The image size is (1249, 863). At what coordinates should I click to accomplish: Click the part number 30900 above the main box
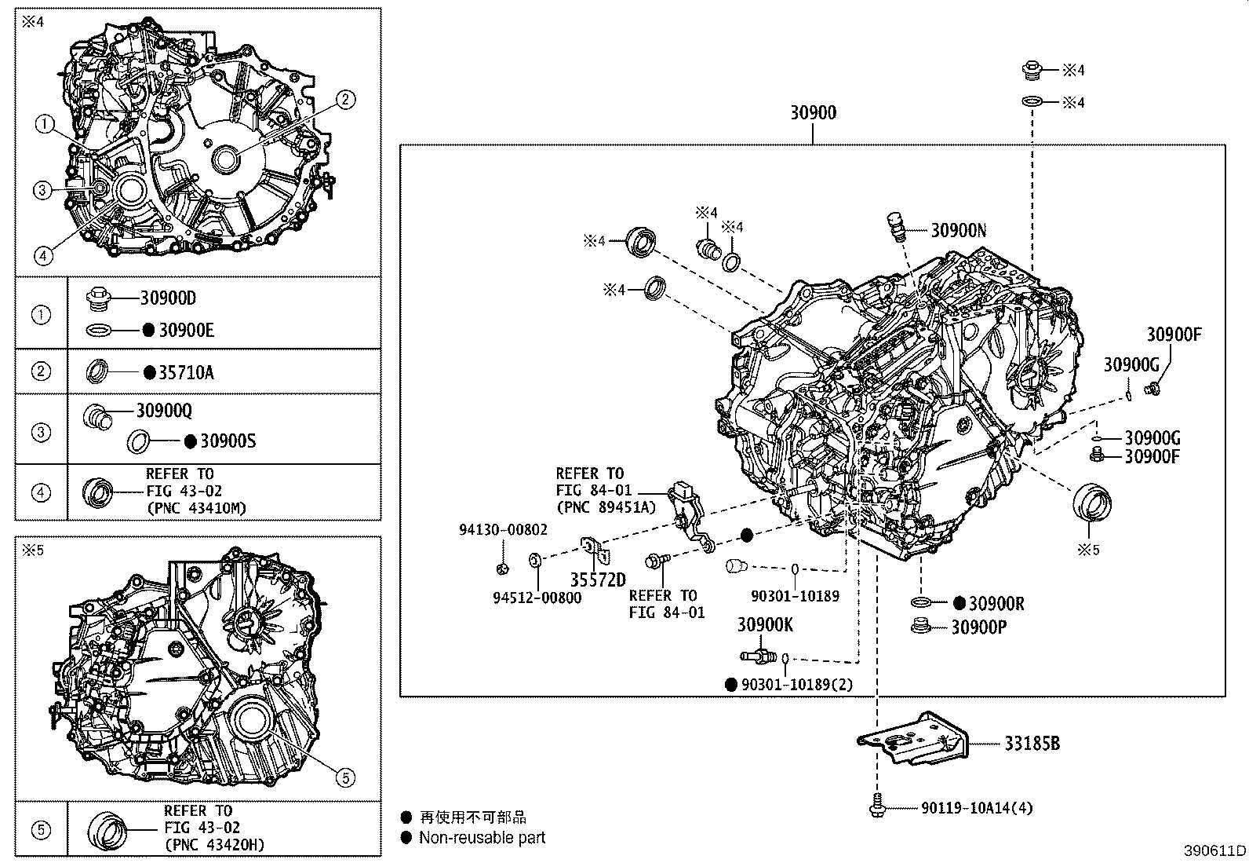pyautogui.click(x=813, y=113)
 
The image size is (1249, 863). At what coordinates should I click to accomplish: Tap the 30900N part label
pyautogui.click(x=958, y=230)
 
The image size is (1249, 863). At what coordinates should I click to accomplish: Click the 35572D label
pyautogui.click(x=598, y=580)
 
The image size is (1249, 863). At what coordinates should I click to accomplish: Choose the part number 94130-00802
pyautogui.click(x=503, y=530)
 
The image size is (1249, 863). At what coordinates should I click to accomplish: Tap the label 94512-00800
pyautogui.click(x=537, y=598)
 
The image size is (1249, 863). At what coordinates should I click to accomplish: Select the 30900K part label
pyautogui.click(x=765, y=625)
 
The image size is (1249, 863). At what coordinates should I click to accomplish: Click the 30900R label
pyautogui.click(x=996, y=603)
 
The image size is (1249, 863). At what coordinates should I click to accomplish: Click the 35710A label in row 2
pyautogui.click(x=186, y=372)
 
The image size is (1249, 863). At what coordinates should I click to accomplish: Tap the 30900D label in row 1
pyautogui.click(x=168, y=298)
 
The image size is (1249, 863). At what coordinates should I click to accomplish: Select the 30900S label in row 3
pyautogui.click(x=228, y=441)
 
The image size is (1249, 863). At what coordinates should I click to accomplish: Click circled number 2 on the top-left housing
pyautogui.click(x=346, y=99)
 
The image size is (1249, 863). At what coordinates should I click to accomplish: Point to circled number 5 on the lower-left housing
pyautogui.click(x=346, y=777)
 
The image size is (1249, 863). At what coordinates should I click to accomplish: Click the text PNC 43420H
pyautogui.click(x=217, y=844)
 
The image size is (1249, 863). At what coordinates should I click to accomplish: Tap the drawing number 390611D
pyautogui.click(x=1215, y=850)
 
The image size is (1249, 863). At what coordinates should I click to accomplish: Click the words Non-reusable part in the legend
pyautogui.click(x=482, y=838)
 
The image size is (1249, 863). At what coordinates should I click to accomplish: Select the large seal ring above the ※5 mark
pyautogui.click(x=1093, y=503)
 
